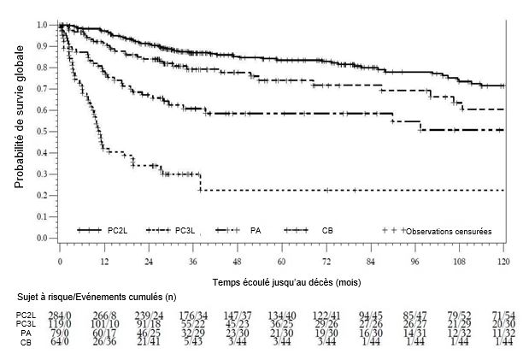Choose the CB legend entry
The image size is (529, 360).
[328, 231]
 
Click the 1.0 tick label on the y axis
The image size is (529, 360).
[42, 25]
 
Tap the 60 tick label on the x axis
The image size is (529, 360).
[282, 260]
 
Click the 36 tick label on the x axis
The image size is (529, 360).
[193, 260]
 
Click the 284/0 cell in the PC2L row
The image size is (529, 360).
[60, 316]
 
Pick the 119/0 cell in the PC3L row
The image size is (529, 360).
[60, 324]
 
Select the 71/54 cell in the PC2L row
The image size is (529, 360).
[503, 316]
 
